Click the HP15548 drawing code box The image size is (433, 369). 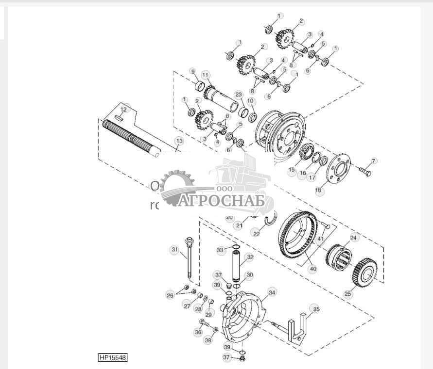point(112,358)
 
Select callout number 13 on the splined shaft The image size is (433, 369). point(179,141)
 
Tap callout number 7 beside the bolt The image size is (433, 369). point(374,161)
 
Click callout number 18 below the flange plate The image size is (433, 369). point(319,191)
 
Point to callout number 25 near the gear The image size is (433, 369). point(347,293)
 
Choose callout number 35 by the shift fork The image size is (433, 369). point(316,308)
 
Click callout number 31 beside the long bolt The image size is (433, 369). point(174,250)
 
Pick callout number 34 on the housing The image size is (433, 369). point(272,292)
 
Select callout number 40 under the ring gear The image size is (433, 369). point(312,268)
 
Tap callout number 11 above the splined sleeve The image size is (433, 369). point(206,75)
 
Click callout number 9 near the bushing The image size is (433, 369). point(192,72)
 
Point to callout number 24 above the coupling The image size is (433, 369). point(353,238)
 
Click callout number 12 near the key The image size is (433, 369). point(124,110)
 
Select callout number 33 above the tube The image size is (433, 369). point(220,250)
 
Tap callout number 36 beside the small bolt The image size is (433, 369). point(198,332)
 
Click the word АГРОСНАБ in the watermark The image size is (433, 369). point(221,200)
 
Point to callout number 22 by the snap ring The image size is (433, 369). point(257,234)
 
